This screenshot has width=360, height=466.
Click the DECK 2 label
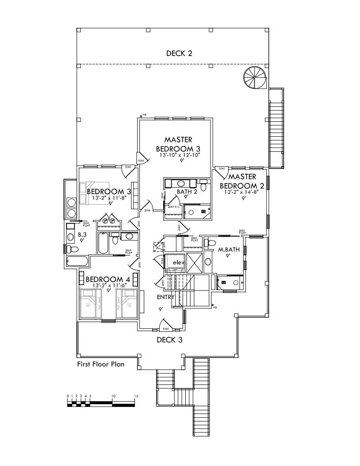click(x=179, y=54)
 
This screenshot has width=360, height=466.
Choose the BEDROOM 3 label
click(x=109, y=192)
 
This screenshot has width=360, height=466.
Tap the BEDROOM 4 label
click(x=108, y=279)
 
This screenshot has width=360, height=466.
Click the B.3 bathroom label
click(x=82, y=235)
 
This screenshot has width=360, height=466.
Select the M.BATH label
click(x=229, y=249)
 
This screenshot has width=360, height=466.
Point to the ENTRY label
click(x=166, y=297)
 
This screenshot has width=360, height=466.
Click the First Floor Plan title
click(x=101, y=365)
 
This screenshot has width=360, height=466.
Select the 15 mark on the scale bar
click(x=136, y=396)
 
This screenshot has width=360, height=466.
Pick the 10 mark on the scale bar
click(x=113, y=396)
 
